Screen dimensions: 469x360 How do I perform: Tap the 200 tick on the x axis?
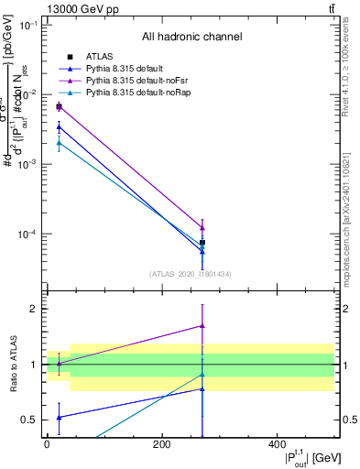162,443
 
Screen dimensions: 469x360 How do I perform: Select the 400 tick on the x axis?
278,443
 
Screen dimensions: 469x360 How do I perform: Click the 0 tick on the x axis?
47,443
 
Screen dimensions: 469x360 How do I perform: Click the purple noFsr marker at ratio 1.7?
202,325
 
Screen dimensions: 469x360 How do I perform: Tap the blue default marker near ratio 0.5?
60,417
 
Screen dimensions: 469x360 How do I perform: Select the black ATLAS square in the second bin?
202,243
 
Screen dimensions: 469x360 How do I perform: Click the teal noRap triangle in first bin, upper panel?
60,142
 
